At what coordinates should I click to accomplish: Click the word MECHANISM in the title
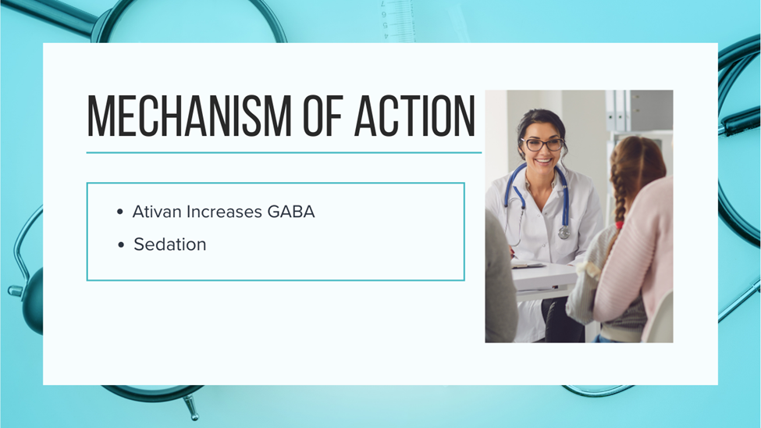pyautogui.click(x=190, y=116)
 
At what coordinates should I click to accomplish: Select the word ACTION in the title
pyautogui.click(x=415, y=116)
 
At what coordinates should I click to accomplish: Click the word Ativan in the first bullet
pyautogui.click(x=157, y=212)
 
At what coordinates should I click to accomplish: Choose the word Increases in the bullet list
pyautogui.click(x=224, y=212)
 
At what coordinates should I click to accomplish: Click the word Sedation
pyautogui.click(x=170, y=244)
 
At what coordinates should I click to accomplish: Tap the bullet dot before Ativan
pyautogui.click(x=120, y=212)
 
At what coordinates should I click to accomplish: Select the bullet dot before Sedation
pyautogui.click(x=121, y=244)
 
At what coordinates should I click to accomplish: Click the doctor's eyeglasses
pyautogui.click(x=542, y=144)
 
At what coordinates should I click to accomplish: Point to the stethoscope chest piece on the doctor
pyautogui.click(x=564, y=233)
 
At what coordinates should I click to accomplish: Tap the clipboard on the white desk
pyautogui.click(x=528, y=265)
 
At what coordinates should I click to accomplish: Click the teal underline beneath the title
pyautogui.click(x=284, y=152)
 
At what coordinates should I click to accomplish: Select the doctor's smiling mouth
pyautogui.click(x=543, y=160)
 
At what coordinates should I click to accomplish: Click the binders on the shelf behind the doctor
pyautogui.click(x=617, y=111)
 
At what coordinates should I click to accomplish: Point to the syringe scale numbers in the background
pyautogui.click(x=384, y=20)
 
